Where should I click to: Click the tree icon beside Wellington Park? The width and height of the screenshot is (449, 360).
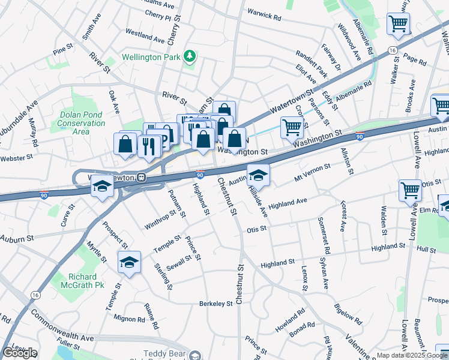(191, 57)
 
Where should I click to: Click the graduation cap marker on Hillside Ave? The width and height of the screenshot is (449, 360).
(259, 175)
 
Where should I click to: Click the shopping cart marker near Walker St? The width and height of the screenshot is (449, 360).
(398, 24)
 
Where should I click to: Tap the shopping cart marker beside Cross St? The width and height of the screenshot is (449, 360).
(292, 127)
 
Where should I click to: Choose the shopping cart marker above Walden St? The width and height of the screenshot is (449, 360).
(410, 190)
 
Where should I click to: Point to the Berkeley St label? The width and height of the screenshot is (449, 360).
(215, 304)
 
